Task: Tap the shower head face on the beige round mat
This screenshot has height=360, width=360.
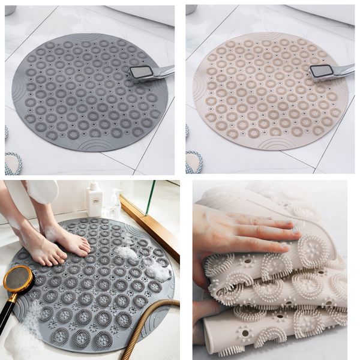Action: point(321,71)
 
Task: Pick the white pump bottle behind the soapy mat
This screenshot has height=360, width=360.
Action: point(94,199)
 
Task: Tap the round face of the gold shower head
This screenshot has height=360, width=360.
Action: point(19,279)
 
